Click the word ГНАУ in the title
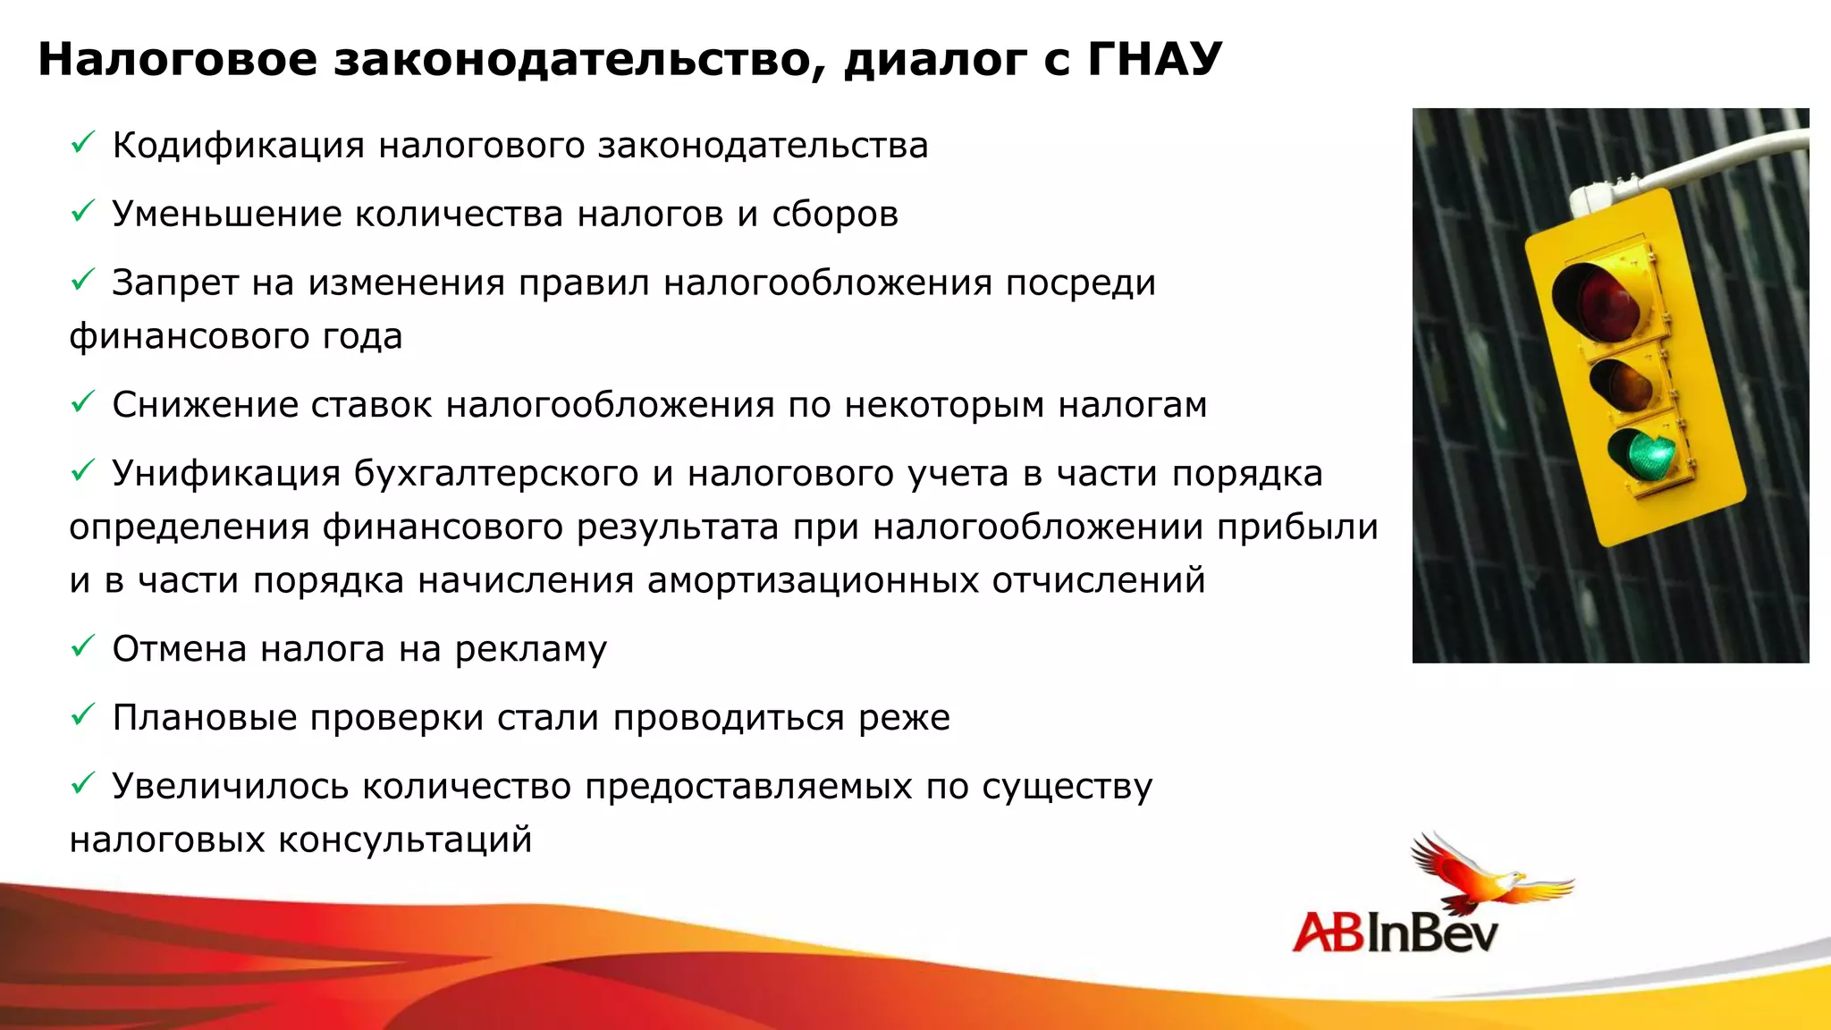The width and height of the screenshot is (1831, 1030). [x=1154, y=59]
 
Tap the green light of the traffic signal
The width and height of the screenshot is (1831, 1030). [x=1643, y=455]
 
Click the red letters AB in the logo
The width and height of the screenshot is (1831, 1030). [x=1329, y=933]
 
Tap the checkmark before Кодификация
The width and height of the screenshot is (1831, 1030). [x=82, y=142]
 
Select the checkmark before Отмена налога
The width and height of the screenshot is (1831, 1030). [x=82, y=646]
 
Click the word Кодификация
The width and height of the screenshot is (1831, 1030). [x=238, y=146]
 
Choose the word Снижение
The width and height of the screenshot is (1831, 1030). [x=204, y=405]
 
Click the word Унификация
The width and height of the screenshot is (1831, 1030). [x=225, y=474]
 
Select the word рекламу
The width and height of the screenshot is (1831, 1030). [x=530, y=650]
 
